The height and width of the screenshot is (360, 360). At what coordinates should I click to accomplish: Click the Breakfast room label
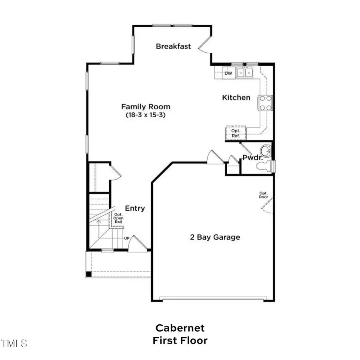173,46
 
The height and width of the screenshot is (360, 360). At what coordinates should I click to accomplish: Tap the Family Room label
146,107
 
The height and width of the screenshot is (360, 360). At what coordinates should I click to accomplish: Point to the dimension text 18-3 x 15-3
146,115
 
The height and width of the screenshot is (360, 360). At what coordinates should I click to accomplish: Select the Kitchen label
236,98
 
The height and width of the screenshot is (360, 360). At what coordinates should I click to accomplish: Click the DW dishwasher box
228,73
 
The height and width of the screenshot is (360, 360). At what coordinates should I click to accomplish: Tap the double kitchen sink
244,72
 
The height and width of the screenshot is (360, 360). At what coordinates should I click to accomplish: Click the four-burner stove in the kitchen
266,102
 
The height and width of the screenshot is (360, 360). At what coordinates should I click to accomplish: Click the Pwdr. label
252,158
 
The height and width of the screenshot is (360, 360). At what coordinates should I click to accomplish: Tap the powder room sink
265,152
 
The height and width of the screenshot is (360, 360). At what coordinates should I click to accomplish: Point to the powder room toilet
266,166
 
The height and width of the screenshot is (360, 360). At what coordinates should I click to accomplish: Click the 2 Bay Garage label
215,237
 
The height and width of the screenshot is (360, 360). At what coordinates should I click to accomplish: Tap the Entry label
135,208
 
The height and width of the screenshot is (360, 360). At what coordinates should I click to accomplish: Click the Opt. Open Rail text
119,218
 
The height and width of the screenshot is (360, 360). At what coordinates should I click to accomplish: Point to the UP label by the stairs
126,238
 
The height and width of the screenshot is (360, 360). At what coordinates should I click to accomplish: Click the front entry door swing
136,244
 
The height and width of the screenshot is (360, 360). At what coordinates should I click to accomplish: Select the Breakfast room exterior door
206,45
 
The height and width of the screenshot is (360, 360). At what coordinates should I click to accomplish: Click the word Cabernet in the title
180,328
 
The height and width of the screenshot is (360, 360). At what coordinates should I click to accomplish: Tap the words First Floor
180,341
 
